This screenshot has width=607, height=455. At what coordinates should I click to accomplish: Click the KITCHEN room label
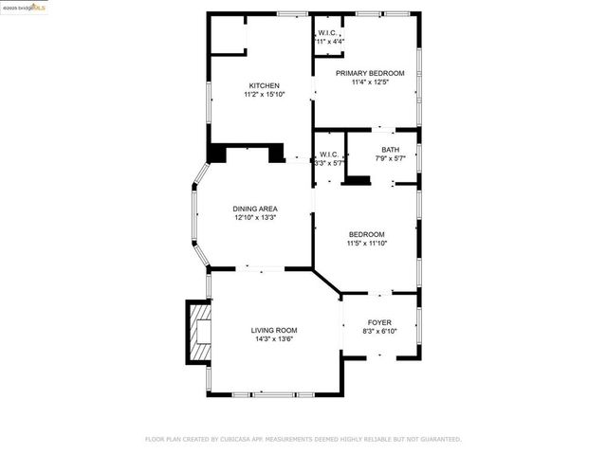(264, 85)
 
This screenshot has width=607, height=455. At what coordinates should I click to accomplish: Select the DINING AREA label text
(255, 209)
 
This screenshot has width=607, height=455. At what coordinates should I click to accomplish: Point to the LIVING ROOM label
(274, 330)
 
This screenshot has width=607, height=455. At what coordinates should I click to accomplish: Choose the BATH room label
(391, 150)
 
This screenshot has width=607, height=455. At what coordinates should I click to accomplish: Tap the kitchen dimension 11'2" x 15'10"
(264, 94)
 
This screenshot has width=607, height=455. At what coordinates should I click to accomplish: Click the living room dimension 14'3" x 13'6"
(274, 338)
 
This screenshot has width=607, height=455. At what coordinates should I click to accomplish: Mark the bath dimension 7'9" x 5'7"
(391, 158)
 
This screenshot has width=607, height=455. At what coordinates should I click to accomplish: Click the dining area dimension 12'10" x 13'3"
(255, 217)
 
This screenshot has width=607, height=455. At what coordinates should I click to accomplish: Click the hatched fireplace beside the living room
(198, 332)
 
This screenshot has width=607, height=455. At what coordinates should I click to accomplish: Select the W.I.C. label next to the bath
(329, 155)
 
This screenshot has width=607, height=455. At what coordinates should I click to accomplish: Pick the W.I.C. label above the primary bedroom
(329, 33)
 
